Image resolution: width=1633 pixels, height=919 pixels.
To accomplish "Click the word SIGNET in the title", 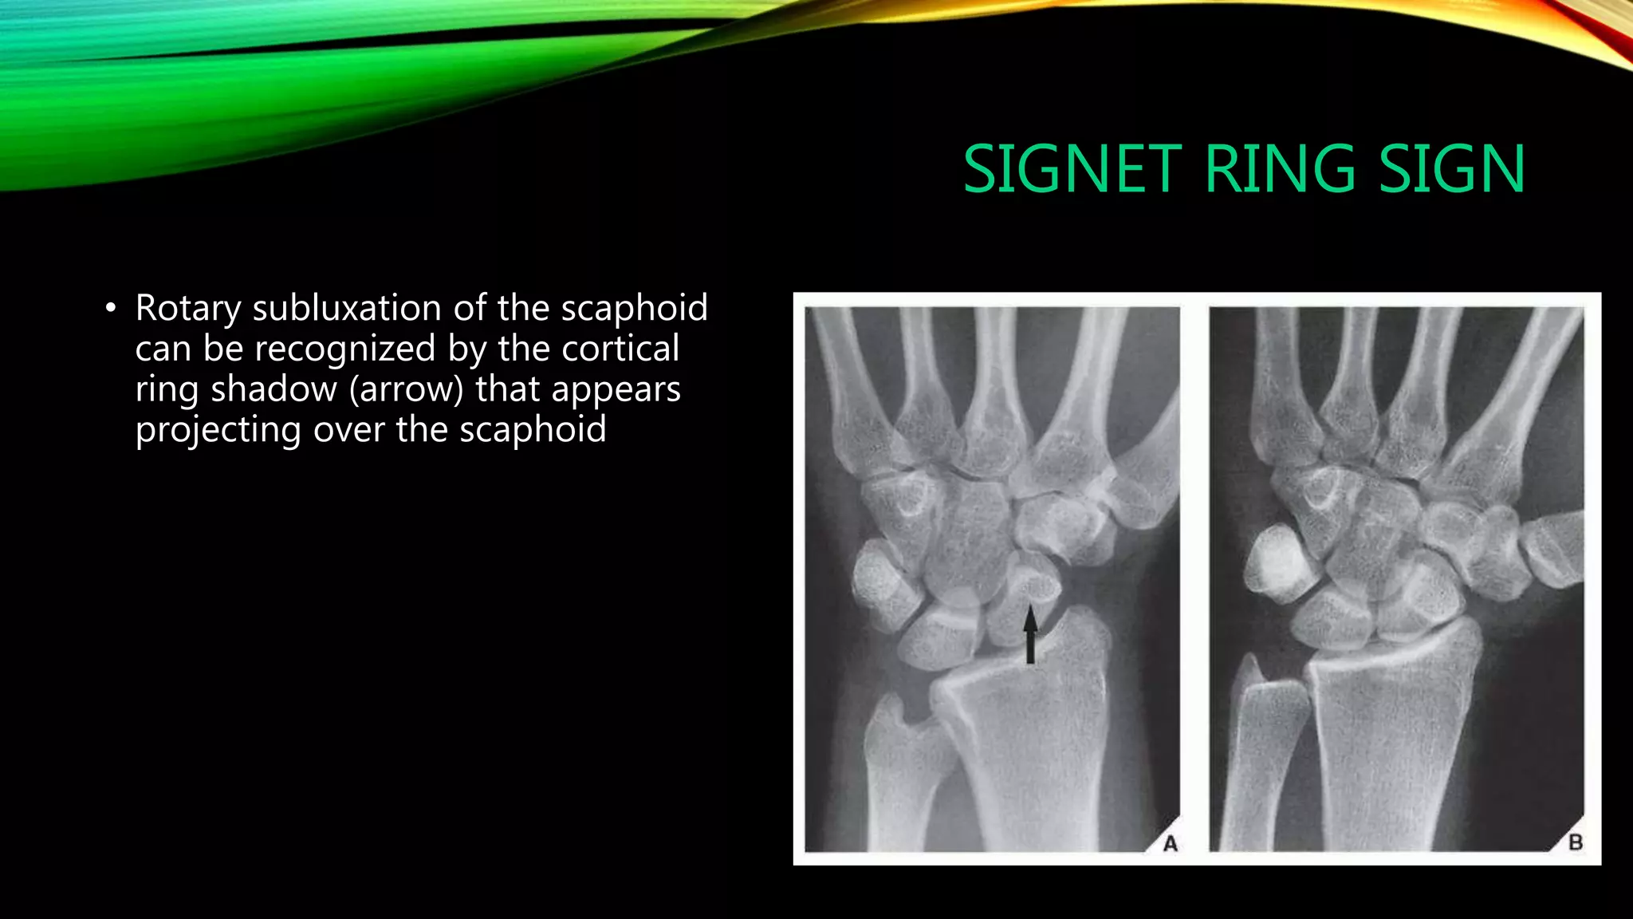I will tap(1072, 169).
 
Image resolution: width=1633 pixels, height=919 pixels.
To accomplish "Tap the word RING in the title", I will tap(1280, 169).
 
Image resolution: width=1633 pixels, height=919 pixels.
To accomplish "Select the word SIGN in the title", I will tap(1451, 169).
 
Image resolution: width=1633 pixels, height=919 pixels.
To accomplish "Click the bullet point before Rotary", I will tap(111, 309).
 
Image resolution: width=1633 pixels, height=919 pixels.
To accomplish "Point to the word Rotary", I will tap(188, 309).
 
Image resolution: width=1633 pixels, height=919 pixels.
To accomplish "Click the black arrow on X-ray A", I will tap(1030, 634).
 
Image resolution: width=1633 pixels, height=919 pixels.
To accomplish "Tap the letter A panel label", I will tap(1170, 843).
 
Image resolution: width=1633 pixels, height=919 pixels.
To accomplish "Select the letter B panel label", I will tap(1575, 842).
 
